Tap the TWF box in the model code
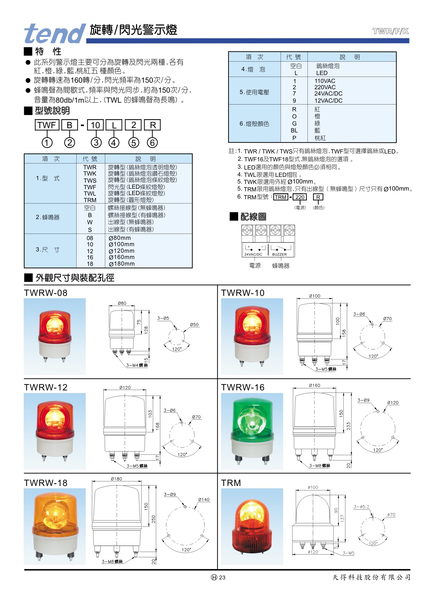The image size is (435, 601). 47,125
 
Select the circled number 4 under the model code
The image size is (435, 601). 114,143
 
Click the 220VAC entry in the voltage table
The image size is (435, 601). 325,87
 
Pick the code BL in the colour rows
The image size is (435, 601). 294,130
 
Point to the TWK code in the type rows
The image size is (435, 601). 90,173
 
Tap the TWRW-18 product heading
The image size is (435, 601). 46,483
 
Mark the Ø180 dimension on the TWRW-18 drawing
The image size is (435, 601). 116,479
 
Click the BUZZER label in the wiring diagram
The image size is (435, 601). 279,254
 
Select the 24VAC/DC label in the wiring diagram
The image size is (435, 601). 253,254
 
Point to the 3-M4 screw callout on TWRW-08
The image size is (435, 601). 137,365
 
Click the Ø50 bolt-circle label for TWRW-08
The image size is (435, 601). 194,325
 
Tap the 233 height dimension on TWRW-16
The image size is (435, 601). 348,426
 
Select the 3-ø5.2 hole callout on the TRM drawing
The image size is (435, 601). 361,507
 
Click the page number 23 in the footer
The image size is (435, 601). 222,577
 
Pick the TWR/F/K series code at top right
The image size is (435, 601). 391,31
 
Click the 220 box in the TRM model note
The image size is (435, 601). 300,197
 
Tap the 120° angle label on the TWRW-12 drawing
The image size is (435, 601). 182,454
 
